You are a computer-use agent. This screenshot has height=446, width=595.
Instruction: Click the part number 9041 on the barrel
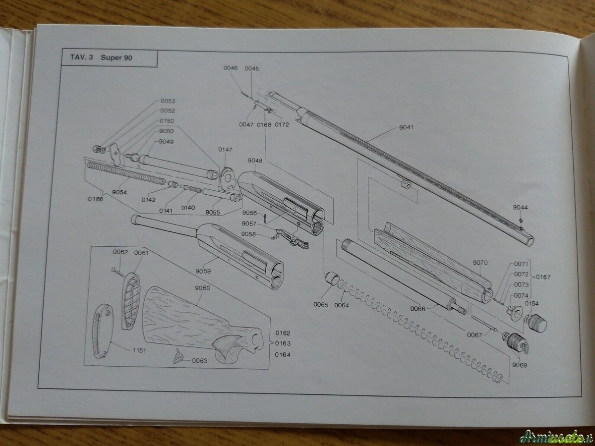point(406,128)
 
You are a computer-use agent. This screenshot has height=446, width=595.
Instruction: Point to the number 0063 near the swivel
point(199,360)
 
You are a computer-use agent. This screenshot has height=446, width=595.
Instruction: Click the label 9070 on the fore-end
point(480,262)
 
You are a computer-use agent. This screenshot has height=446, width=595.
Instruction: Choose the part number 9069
point(520,365)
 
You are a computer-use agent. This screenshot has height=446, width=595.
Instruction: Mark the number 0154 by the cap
point(532,303)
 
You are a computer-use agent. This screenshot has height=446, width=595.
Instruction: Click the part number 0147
point(225,149)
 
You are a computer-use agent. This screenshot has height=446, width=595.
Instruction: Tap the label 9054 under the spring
point(119,192)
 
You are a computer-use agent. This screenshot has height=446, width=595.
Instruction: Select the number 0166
point(96,199)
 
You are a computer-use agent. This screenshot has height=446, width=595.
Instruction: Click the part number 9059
point(203,271)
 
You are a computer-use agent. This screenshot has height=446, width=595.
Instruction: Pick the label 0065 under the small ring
point(321,305)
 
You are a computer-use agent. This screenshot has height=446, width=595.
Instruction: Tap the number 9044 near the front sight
point(520,207)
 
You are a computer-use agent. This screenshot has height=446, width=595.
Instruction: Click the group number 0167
point(543,277)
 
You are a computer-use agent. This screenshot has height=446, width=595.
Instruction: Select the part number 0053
point(168,101)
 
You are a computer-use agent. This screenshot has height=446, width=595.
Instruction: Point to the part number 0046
point(230,68)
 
